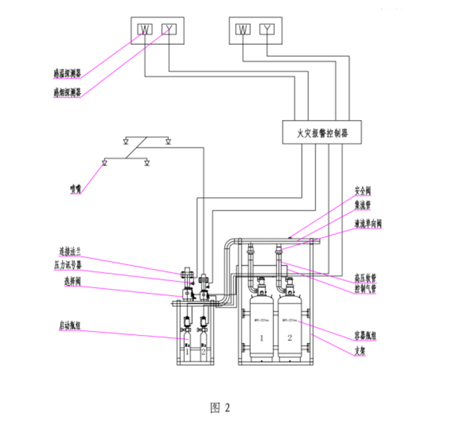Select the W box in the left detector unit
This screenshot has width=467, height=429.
coord(145,29)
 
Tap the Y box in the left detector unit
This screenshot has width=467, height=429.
coord(167,29)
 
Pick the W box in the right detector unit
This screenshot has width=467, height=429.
coord(244,29)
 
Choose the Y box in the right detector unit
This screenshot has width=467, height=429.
coord(267,29)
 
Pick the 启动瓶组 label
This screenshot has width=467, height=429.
coord(70,327)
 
